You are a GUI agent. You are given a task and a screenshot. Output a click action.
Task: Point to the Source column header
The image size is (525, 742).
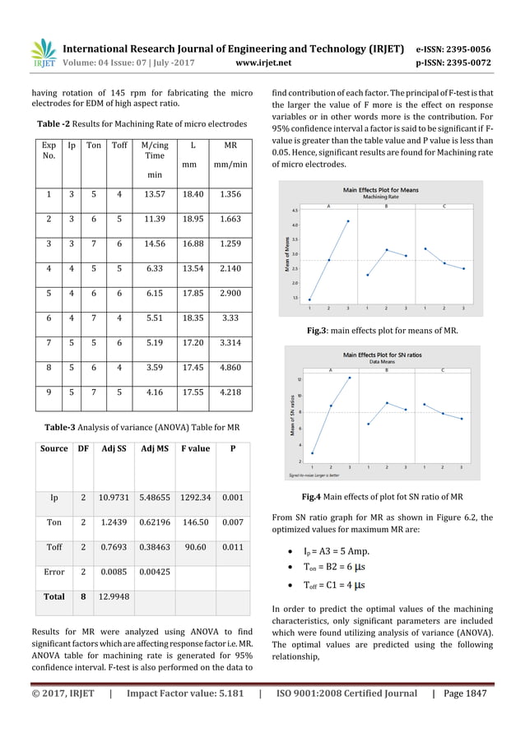[x=54, y=448]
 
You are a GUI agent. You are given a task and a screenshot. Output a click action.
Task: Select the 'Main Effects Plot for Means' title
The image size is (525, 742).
[x=380, y=189]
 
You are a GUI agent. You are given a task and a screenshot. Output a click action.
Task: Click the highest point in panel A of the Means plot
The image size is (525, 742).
[x=347, y=220]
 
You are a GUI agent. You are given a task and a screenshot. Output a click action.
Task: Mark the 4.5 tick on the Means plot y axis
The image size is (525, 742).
[x=294, y=211]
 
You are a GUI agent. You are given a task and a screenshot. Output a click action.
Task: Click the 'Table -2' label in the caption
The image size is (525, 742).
[x=57, y=124]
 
